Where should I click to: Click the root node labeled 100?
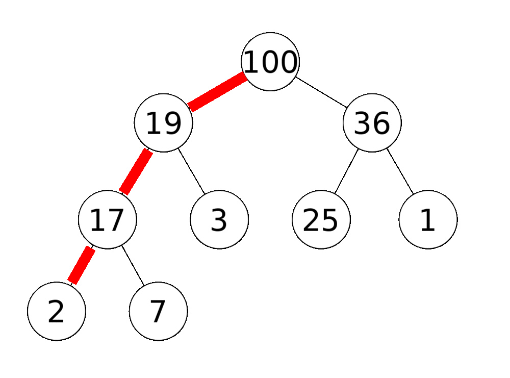click(x=270, y=61)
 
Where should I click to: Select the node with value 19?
click(x=163, y=123)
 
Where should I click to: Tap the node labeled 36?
click(x=372, y=123)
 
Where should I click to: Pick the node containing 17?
click(x=107, y=220)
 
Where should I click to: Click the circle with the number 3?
click(x=219, y=220)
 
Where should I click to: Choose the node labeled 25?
click(x=321, y=220)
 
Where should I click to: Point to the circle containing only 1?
click(x=428, y=220)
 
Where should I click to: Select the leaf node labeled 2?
click(x=56, y=311)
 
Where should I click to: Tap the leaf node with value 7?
click(x=158, y=311)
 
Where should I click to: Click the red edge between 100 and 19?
click(x=218, y=92)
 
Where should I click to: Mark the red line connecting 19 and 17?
click(x=136, y=171)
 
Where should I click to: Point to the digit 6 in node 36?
click(x=381, y=123)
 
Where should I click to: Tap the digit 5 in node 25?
click(x=330, y=220)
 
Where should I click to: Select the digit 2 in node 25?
click(x=312, y=220)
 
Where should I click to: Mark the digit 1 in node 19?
click(x=154, y=123)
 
